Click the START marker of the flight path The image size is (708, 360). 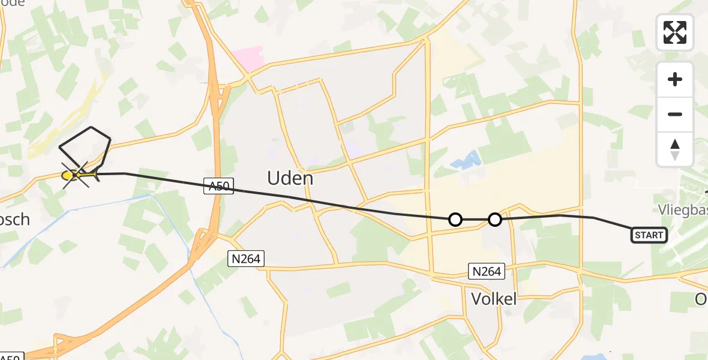click(x=649, y=235)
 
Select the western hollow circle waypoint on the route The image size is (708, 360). click(x=455, y=220)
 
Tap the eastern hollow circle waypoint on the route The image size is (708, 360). click(x=495, y=220)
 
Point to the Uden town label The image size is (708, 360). click(x=290, y=178)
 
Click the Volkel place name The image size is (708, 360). click(x=494, y=298)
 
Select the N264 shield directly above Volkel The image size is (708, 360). click(x=486, y=271)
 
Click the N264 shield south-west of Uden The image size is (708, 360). click(x=246, y=259)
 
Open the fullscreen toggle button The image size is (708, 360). click(x=675, y=32)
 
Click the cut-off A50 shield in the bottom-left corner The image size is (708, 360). click(x=12, y=357)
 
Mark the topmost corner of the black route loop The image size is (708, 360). click(x=91, y=127)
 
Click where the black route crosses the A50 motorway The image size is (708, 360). click(x=214, y=186)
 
